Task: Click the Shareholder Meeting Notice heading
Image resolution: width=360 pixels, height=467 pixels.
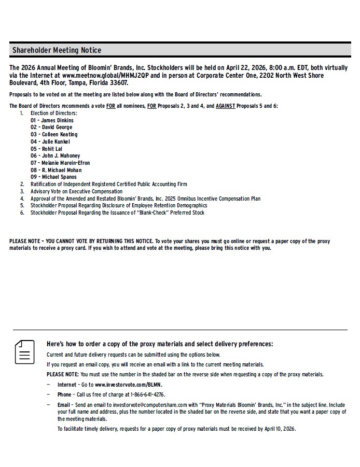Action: click(57, 50)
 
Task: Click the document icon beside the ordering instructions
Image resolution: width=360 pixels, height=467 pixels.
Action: click(24, 352)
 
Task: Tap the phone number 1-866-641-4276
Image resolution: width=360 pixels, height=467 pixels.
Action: click(144, 394)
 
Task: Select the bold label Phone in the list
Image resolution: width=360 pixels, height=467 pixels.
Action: click(64, 394)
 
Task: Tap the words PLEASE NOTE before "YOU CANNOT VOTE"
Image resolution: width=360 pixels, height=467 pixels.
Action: click(24, 241)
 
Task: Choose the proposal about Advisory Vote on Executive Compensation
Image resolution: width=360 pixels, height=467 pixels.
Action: click(76, 191)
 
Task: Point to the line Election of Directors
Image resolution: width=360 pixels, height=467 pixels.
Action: click(53, 113)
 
